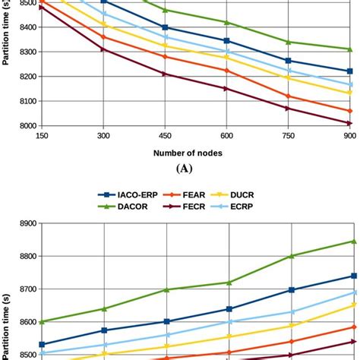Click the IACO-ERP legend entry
[x=141, y=194]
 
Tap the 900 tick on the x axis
[x=348, y=134]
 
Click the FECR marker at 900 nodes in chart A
[x=348, y=123]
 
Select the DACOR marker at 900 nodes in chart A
[x=348, y=49]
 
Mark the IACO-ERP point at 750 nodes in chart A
[x=287, y=61]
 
